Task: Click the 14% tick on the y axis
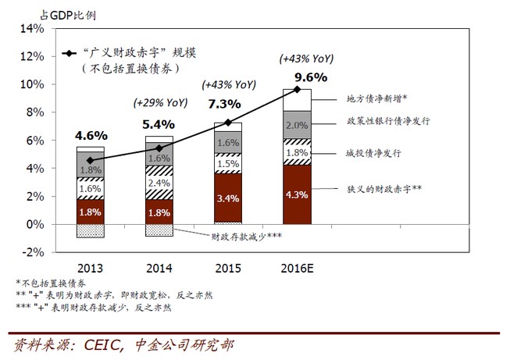pyautogui.click(x=34, y=29)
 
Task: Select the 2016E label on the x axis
pyautogui.click(x=297, y=267)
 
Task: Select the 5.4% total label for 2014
pyautogui.click(x=159, y=123)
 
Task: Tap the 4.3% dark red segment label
pyautogui.click(x=297, y=194)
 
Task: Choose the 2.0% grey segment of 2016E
pyautogui.click(x=297, y=126)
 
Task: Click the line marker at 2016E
pyautogui.click(x=297, y=90)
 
